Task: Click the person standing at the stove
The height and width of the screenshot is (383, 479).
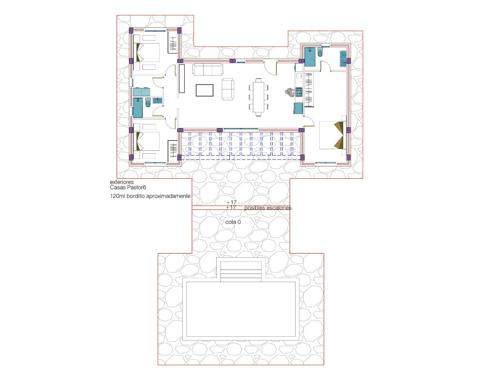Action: coord(290,92)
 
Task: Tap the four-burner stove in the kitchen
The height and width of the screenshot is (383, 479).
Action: coord(299,92)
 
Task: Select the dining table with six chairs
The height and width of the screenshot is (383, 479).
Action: coord(258,97)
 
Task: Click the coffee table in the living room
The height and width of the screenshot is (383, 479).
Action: coord(205,91)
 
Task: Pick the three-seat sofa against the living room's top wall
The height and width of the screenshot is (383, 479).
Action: coord(208,69)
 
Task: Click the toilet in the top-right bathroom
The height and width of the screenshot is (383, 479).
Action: coord(320,52)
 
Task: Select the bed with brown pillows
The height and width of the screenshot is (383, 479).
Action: coord(331,135)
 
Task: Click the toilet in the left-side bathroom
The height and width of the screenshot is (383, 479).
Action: coord(148,103)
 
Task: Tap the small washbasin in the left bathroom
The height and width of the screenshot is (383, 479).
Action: coord(158,100)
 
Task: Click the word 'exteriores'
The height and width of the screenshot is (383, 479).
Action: coord(122,182)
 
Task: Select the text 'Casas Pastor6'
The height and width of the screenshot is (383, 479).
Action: coord(128,187)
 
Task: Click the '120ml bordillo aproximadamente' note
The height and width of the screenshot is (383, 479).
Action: coord(150,196)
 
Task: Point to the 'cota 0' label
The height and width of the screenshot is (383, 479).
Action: coord(233,222)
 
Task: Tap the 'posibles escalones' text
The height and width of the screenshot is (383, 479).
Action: coord(268,208)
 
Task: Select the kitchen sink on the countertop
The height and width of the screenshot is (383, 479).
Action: coord(299,108)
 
